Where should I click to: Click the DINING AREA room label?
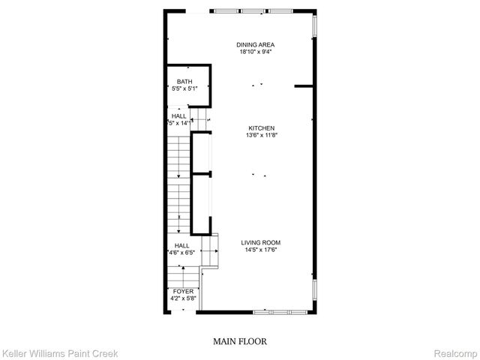pos(256,45)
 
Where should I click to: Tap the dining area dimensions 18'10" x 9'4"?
pos(256,52)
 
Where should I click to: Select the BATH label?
pos(184,82)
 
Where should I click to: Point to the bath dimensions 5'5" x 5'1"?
pos(184,89)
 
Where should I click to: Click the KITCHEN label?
pos(260,128)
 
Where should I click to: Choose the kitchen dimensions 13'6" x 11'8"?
pos(260,136)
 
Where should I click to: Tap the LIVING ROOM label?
pos(260,242)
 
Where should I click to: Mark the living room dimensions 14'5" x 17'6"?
pos(260,250)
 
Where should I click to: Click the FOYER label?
pos(184,291)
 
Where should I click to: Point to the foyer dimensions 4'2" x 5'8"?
pos(184,298)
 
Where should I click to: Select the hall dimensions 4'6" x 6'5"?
pos(182,253)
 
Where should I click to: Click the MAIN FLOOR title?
pos(240,341)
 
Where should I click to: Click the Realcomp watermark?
pos(456,352)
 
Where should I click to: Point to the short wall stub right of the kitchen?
pos(304,86)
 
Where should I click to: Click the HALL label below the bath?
pos(179,116)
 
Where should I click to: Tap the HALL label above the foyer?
pos(182,245)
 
